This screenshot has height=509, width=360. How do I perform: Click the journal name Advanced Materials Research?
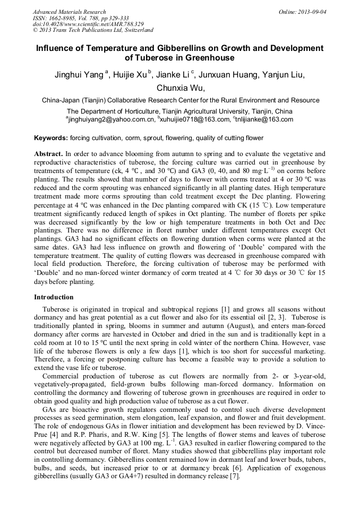coord(70,12)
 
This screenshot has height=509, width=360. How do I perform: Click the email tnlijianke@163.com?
coord(265,120)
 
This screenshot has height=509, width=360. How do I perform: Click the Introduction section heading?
coord(54,297)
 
